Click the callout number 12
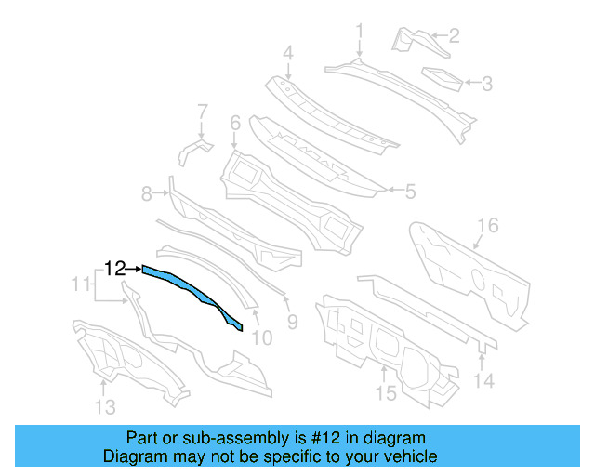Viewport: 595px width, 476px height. pos(115,269)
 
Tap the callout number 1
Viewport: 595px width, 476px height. pos(360,33)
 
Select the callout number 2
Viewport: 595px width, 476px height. pos(454,36)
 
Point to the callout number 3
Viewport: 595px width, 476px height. pos(485,84)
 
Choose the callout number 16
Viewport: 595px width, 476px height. pos(488,226)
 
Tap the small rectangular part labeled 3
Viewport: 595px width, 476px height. pos(442,78)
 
